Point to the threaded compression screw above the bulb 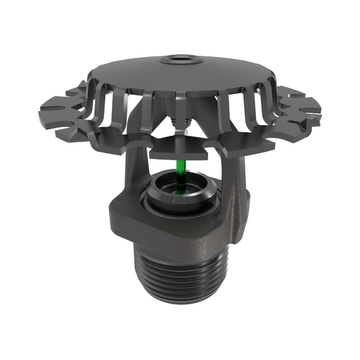(181, 127)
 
